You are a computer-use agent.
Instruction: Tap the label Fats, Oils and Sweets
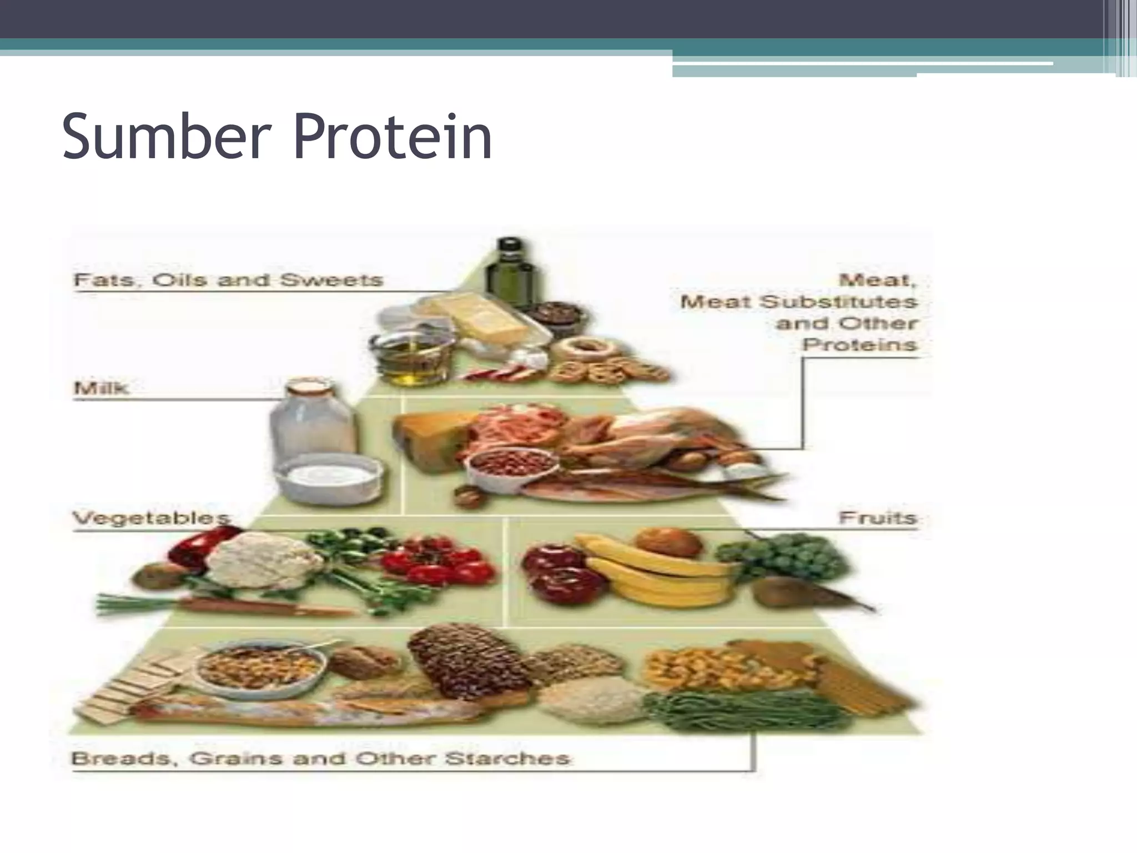(x=228, y=279)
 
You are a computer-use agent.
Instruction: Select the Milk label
(x=101, y=387)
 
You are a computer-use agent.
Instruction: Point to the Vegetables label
(x=151, y=518)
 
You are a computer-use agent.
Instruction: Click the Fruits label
(x=877, y=518)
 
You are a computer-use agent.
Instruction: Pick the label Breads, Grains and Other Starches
(x=320, y=758)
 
